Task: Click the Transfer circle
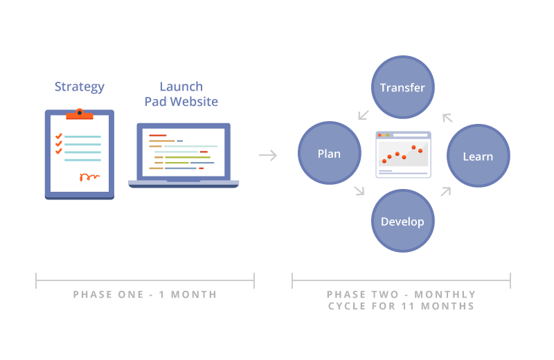402,87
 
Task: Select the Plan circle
329,153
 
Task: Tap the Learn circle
478,156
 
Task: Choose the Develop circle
402,222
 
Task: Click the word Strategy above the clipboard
80,87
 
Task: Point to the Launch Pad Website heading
181,94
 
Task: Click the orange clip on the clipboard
80,113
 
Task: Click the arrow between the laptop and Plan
268,155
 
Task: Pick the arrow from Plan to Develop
359,191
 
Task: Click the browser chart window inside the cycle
403,154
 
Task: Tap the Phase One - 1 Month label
145,294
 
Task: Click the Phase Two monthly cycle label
401,300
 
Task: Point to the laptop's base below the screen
183,183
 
